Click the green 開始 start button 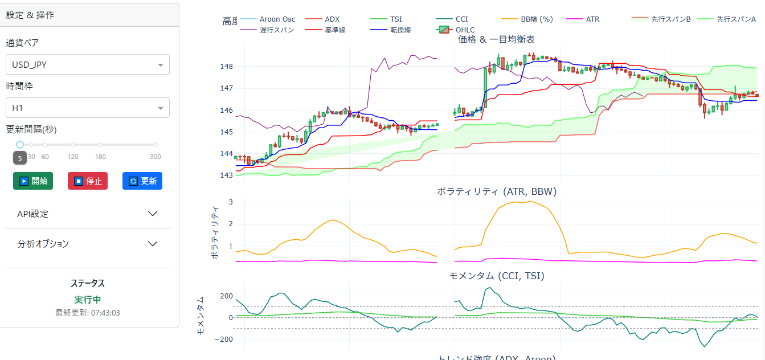(x=32, y=181)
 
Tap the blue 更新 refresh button (x=142, y=181)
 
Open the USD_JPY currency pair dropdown (x=88, y=64)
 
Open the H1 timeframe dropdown (x=88, y=108)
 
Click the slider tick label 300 (x=156, y=157)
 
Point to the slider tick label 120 (x=73, y=157)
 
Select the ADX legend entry (x=332, y=19)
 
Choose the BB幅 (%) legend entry (x=537, y=19)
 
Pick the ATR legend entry (x=592, y=19)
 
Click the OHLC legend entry (x=465, y=30)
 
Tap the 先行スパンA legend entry (x=736, y=19)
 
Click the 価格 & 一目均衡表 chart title (x=496, y=39)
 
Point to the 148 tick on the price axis (x=227, y=67)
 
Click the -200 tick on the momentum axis (x=224, y=339)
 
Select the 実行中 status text (x=88, y=300)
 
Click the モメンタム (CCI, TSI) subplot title (x=496, y=276)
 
